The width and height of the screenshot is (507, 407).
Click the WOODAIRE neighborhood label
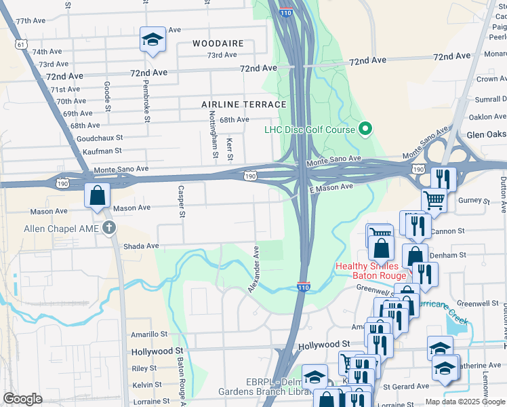pos(217,43)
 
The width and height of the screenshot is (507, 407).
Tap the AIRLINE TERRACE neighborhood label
pos(244,104)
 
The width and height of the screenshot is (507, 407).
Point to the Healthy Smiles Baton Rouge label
pos(371,271)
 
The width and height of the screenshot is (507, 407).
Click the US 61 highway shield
pos(22,44)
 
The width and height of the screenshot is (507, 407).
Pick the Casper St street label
pos(181,201)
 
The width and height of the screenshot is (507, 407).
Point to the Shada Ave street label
pos(140,246)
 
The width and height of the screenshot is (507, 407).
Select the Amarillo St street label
pos(149,334)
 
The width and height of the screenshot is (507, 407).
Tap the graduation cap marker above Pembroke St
pos(153,41)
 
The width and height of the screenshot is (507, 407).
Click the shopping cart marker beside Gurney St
pos(434,200)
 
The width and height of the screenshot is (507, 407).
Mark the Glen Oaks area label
pos(486,134)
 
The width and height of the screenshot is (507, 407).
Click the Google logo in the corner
pos(23,399)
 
